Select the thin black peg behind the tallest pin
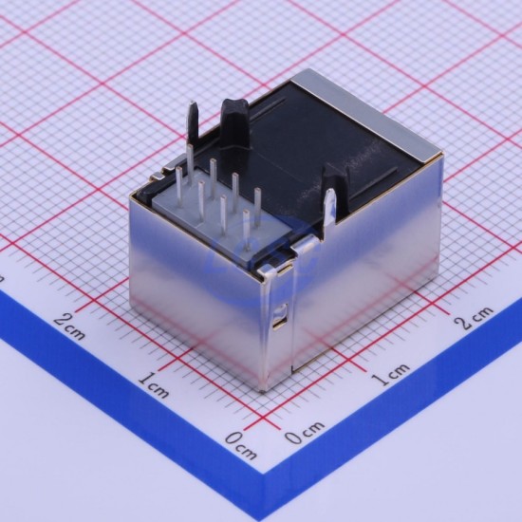coord(193,121)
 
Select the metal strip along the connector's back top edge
coord(366,113)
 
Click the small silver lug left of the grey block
coord(158,177)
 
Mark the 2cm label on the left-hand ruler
coord(69,328)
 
